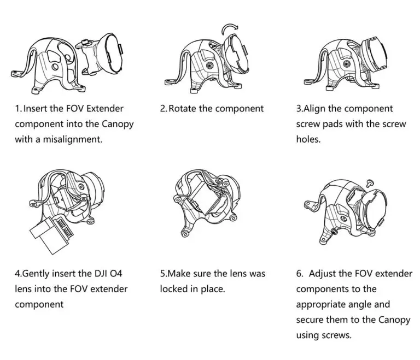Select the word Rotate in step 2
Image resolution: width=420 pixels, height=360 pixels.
(x=182, y=108)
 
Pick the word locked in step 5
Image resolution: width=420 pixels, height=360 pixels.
(x=173, y=289)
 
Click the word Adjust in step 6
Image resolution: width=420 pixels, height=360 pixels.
(x=322, y=274)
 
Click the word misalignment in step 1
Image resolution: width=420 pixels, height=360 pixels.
(x=73, y=139)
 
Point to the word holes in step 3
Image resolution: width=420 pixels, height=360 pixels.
(x=308, y=139)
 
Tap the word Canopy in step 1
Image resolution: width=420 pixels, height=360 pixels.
(x=118, y=125)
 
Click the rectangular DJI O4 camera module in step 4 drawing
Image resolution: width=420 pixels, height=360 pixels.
(x=51, y=234)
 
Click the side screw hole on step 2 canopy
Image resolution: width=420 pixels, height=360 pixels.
(x=209, y=65)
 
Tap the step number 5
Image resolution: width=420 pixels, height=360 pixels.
(x=162, y=274)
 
